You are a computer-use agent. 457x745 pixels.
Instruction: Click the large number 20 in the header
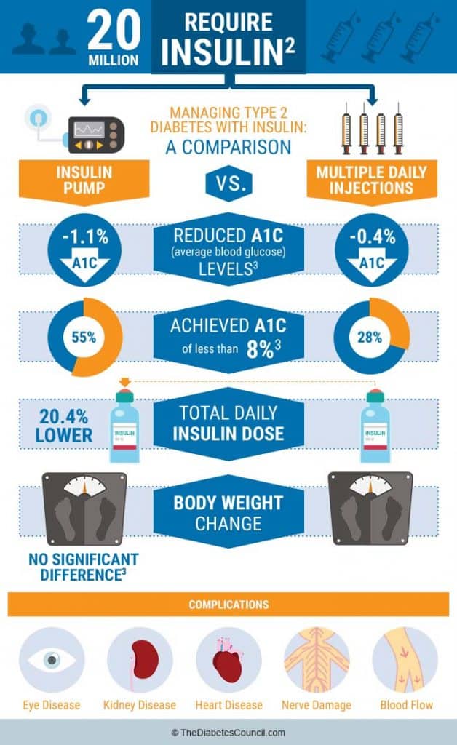pyautogui.click(x=114, y=28)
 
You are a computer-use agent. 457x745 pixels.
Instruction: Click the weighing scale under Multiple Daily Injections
pyautogui.click(x=370, y=509)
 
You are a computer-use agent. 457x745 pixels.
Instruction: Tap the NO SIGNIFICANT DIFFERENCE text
pyautogui.click(x=83, y=568)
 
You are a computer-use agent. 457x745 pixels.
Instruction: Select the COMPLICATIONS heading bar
pyautogui.click(x=228, y=605)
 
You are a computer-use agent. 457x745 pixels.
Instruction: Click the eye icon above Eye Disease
pyautogui.click(x=51, y=660)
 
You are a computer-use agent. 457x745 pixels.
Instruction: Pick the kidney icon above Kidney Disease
pyautogui.click(x=140, y=660)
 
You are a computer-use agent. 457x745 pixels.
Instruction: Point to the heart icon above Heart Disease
pyautogui.click(x=228, y=660)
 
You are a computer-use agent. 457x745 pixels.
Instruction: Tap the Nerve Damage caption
pyautogui.click(x=316, y=705)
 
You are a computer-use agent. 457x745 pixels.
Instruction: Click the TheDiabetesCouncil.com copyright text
pyautogui.click(x=228, y=733)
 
